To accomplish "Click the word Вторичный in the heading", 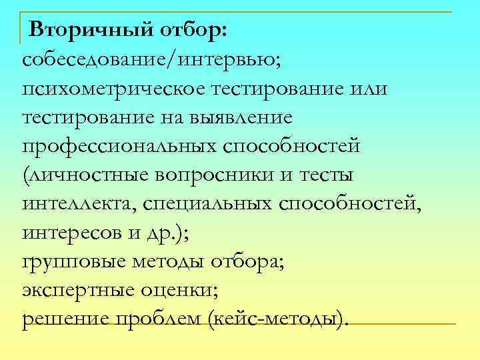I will (87, 31).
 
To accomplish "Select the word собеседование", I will (96, 60).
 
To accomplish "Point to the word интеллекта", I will (78, 204).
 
